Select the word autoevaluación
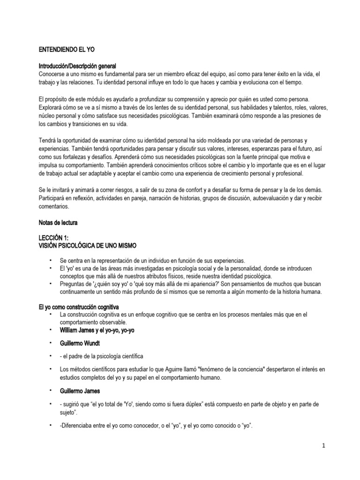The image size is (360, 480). pyautogui.click(x=253, y=199)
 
